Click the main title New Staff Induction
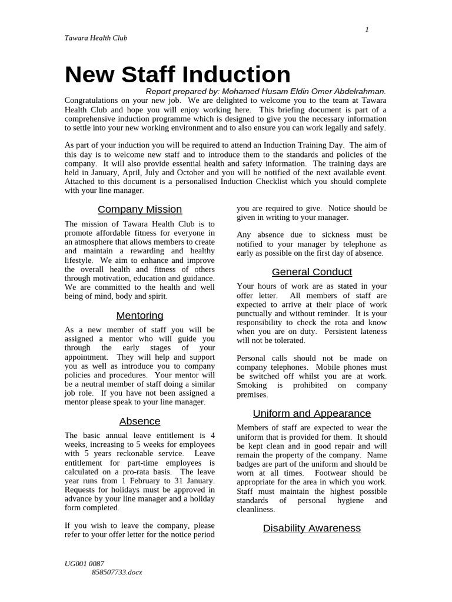point(177,75)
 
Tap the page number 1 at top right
point(367,30)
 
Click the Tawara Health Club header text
point(95,38)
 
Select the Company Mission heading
point(139,209)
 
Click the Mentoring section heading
point(139,316)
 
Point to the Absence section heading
point(139,421)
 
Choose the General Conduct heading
point(311,272)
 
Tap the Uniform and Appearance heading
point(311,413)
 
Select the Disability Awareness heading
point(311,528)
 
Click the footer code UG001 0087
point(84,563)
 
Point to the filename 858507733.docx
point(117,571)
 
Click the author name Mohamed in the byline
point(244,91)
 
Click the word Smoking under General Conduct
point(251,386)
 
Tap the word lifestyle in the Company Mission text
point(78,260)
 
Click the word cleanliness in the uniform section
point(255,510)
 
